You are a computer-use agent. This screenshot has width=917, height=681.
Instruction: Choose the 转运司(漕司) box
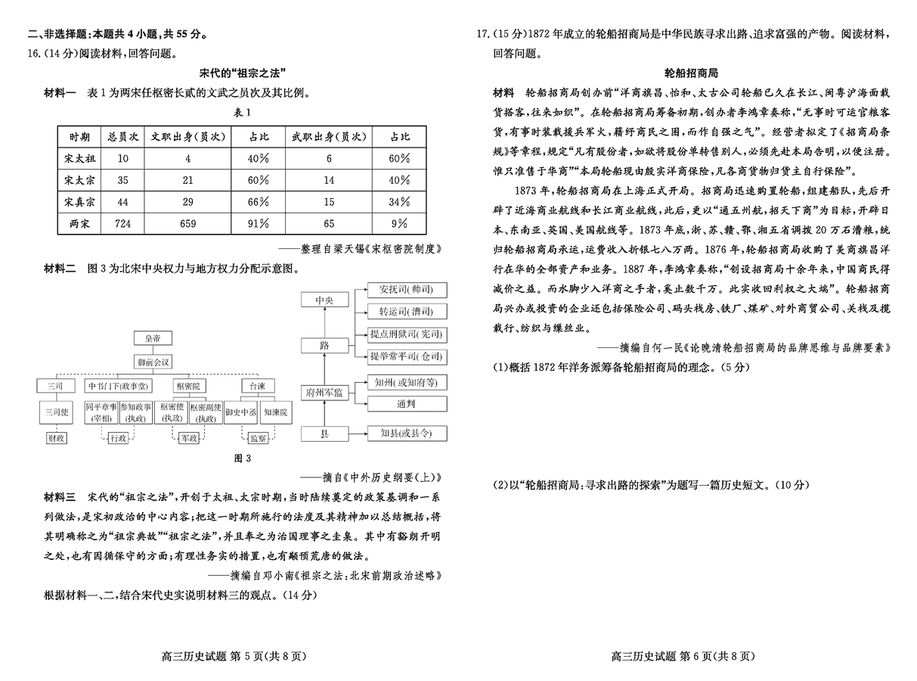click(407, 311)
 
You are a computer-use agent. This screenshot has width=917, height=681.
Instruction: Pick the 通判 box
click(406, 404)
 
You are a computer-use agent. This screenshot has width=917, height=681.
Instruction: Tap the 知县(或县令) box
click(406, 434)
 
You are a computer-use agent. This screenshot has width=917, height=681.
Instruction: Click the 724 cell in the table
click(122, 223)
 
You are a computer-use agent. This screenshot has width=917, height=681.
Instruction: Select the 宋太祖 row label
click(79, 159)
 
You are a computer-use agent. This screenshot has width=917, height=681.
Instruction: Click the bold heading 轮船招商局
click(690, 73)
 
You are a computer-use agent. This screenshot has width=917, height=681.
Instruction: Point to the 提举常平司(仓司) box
click(407, 356)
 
